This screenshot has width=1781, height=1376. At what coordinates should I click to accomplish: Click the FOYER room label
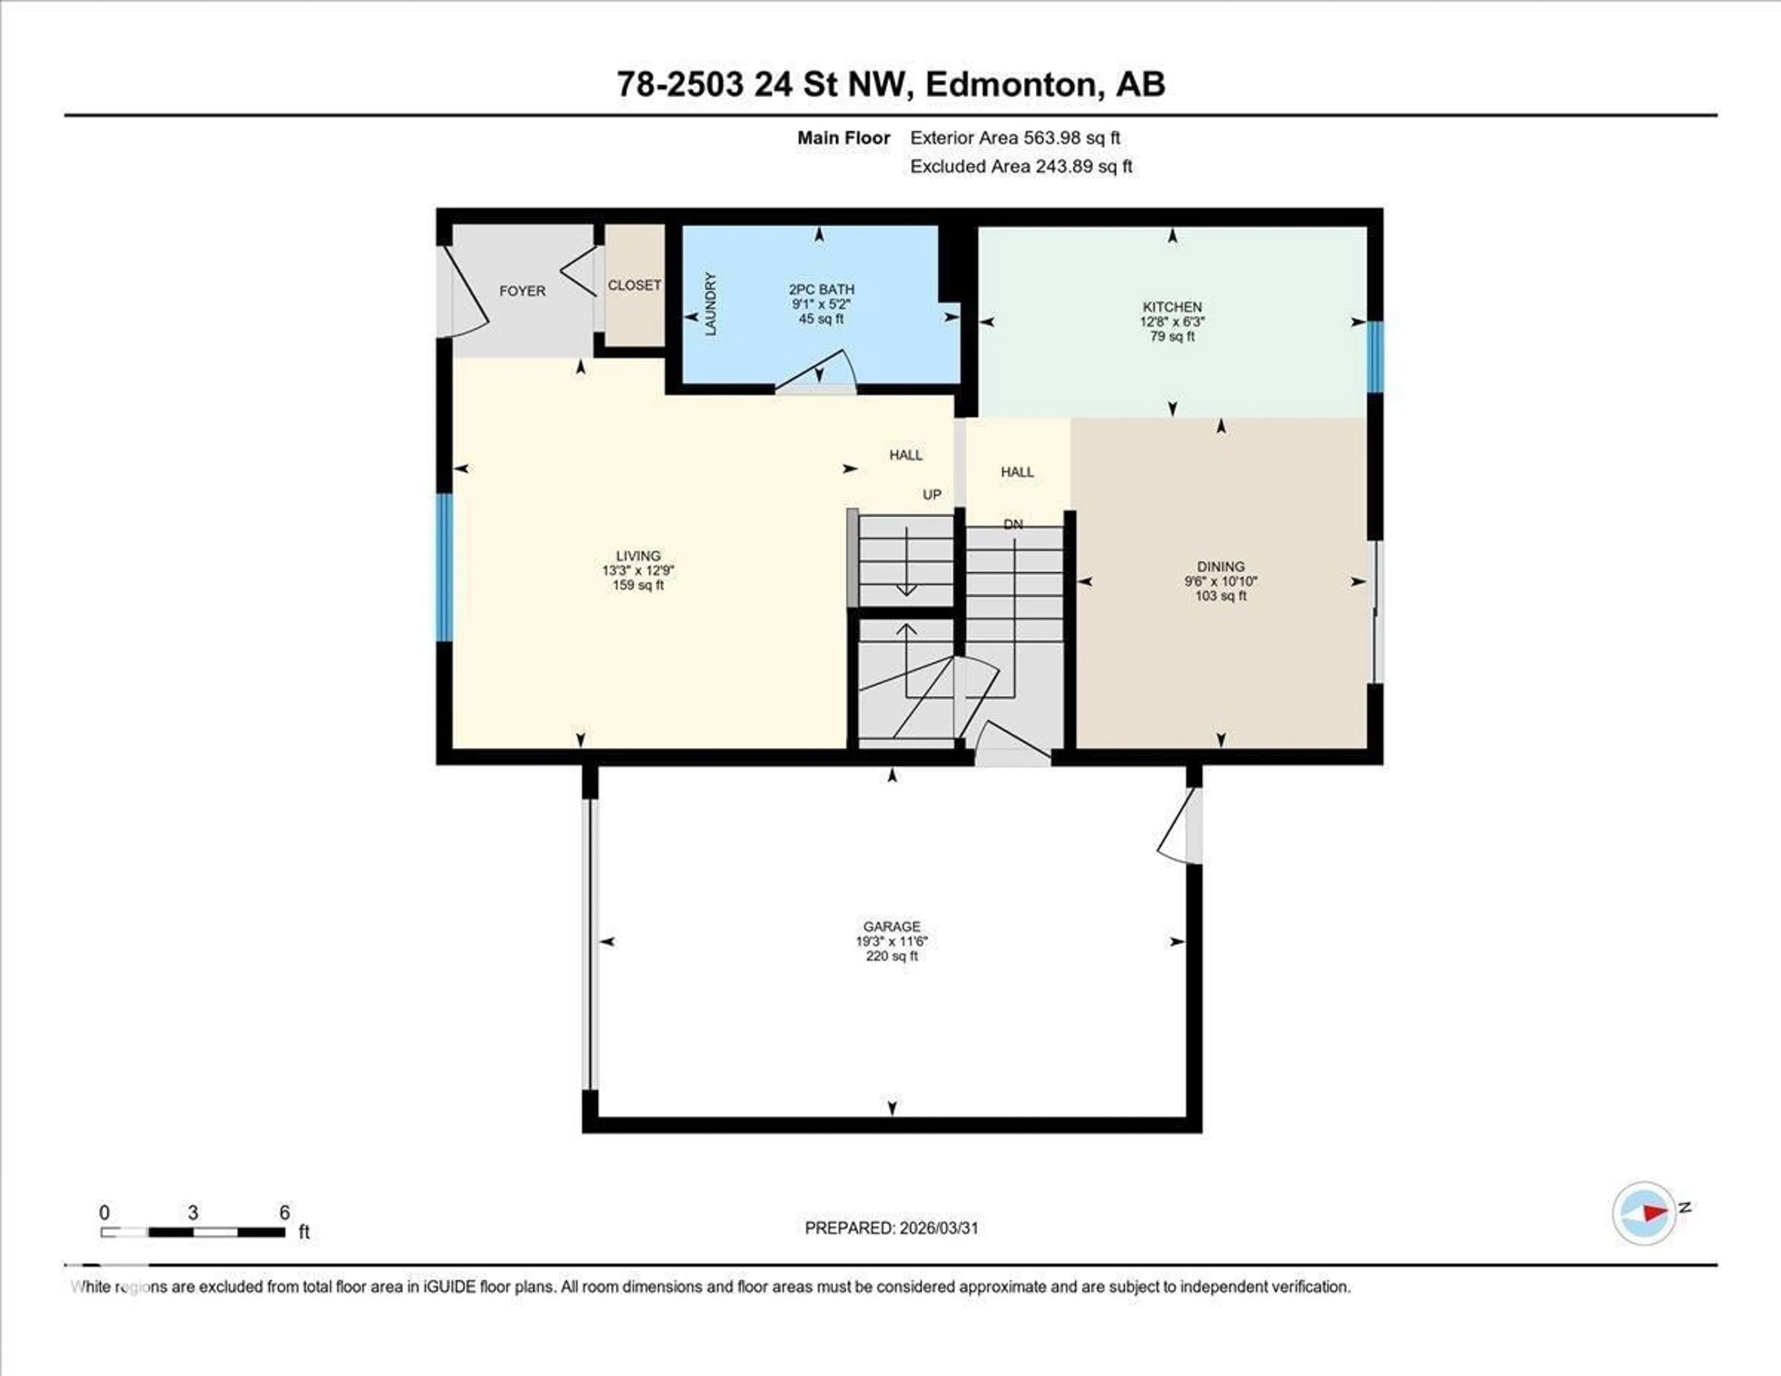522,291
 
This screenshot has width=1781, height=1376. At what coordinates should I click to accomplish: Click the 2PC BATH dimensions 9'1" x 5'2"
821,304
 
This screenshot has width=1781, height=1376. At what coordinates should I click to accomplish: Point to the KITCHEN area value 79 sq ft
1172,336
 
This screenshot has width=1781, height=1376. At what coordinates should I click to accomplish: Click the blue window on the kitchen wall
1375,356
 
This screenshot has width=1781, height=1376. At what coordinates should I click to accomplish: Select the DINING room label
1221,566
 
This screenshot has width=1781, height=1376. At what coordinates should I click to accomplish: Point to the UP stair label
931,494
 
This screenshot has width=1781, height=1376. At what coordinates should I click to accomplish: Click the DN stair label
1013,524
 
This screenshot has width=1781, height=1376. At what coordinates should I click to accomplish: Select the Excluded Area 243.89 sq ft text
1021,167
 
